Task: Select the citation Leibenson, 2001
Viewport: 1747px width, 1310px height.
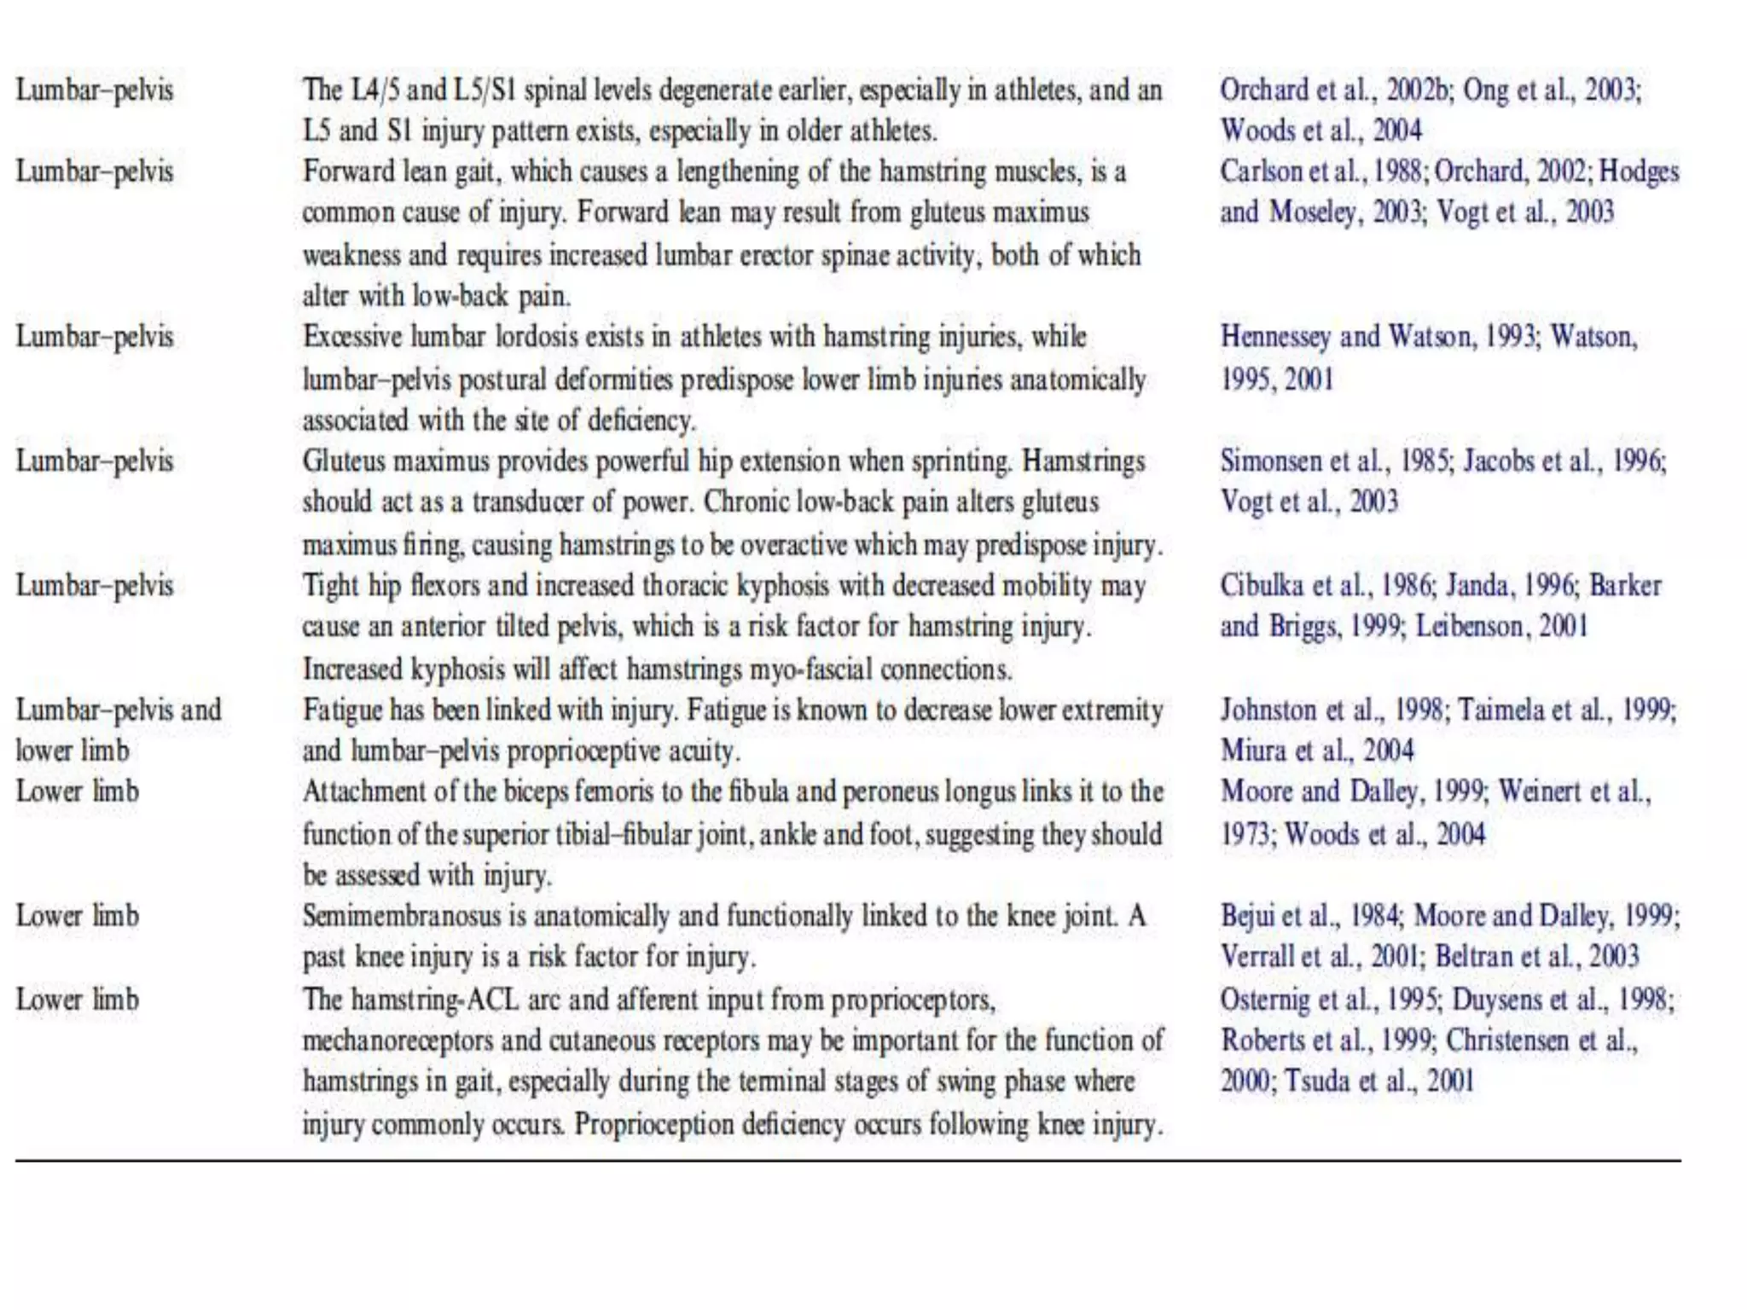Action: (x=1501, y=627)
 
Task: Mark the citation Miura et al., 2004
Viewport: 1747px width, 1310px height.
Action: (x=1317, y=751)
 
